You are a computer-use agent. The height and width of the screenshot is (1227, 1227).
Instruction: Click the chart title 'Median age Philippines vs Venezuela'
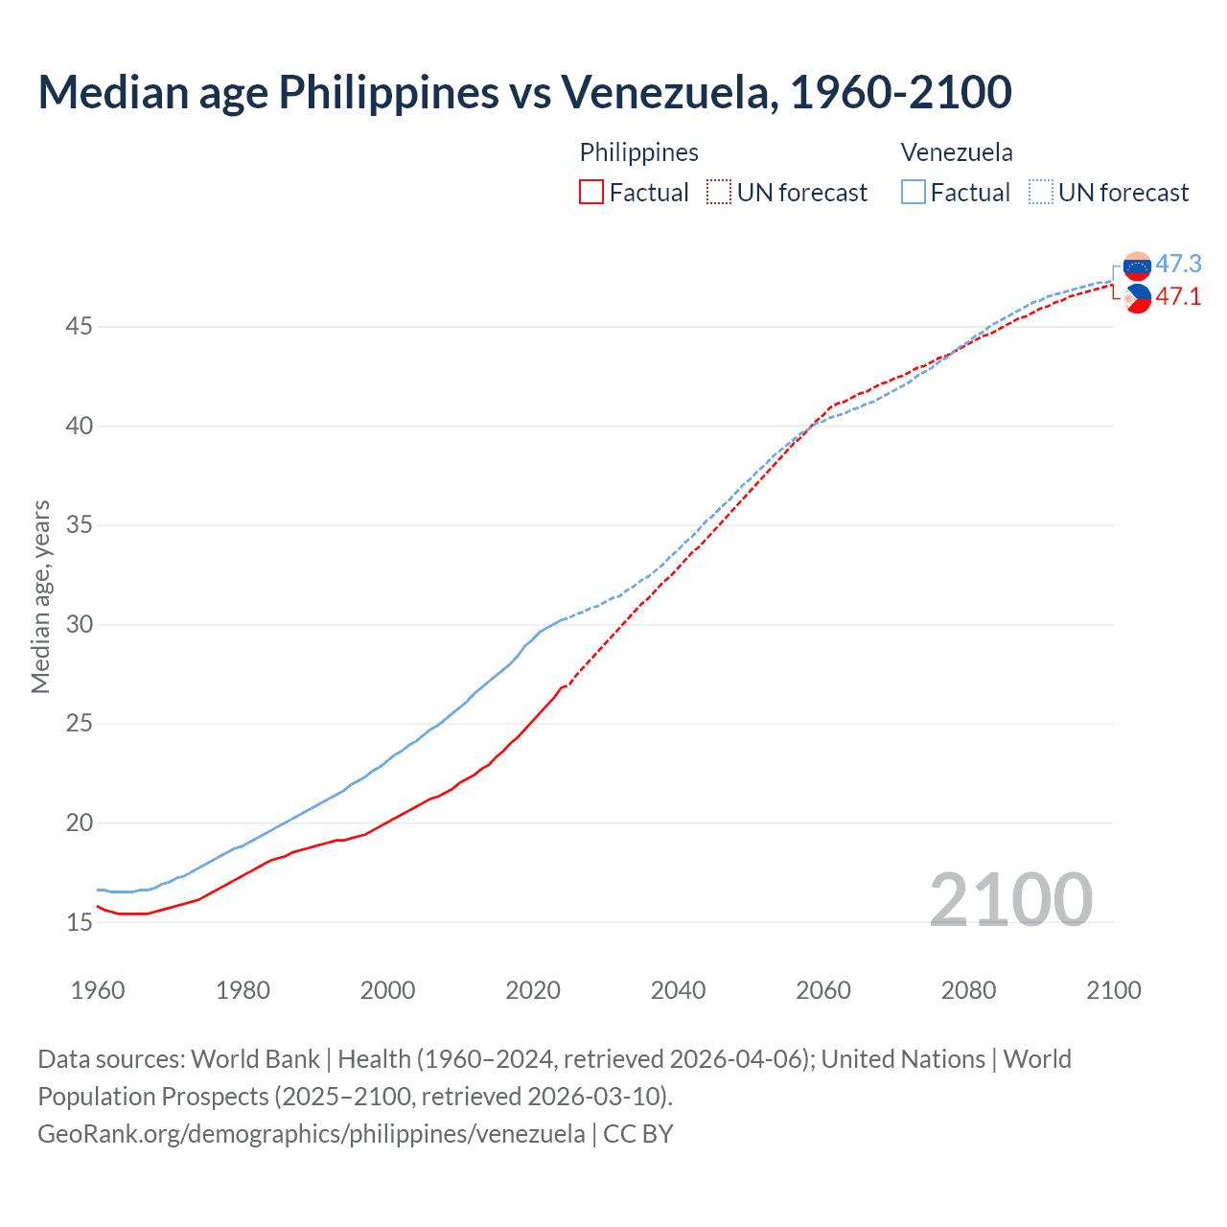[523, 92]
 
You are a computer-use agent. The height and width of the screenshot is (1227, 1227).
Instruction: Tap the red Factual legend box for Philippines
[591, 193]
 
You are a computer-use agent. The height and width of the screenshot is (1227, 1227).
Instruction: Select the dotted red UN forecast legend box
[719, 193]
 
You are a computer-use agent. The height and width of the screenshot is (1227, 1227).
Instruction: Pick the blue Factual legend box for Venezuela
[914, 193]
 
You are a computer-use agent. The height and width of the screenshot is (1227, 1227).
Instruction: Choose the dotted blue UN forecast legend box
[1041, 193]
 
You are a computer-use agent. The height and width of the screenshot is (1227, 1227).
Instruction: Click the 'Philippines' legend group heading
[638, 152]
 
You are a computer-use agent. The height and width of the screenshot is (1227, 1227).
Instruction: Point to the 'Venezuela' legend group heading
[956, 152]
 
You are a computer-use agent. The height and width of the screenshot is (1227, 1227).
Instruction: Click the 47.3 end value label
[1178, 264]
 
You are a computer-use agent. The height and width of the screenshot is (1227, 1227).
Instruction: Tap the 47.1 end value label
[1178, 297]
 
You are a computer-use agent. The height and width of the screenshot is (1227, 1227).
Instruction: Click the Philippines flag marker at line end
[1137, 299]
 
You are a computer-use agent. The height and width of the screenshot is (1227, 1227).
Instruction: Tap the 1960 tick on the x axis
[98, 990]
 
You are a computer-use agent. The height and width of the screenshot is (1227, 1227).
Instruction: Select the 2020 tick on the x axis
[533, 990]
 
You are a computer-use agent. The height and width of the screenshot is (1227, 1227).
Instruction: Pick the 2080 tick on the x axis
[968, 990]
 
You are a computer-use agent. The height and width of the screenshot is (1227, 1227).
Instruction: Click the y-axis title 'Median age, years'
[40, 596]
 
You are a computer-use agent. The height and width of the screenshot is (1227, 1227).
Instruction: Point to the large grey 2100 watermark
[1010, 899]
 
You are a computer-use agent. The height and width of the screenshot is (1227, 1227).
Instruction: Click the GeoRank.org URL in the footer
[311, 1134]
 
